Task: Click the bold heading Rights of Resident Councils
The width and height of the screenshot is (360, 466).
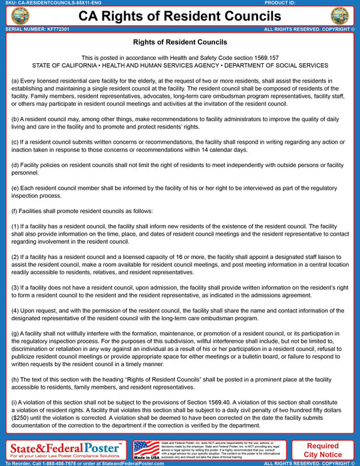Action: coord(180,42)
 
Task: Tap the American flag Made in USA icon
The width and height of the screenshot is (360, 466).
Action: coord(146,449)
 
